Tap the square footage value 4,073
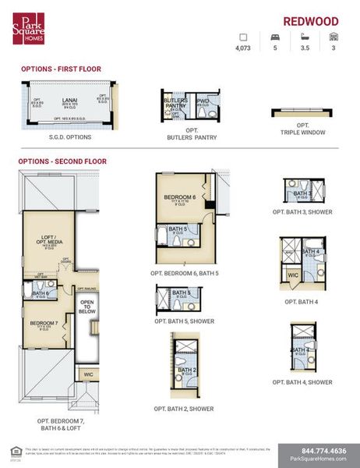(243, 48)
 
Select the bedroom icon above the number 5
(274, 37)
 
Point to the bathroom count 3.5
(304, 48)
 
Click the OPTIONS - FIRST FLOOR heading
(61, 69)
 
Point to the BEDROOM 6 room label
(179, 197)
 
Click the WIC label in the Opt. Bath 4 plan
(293, 275)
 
